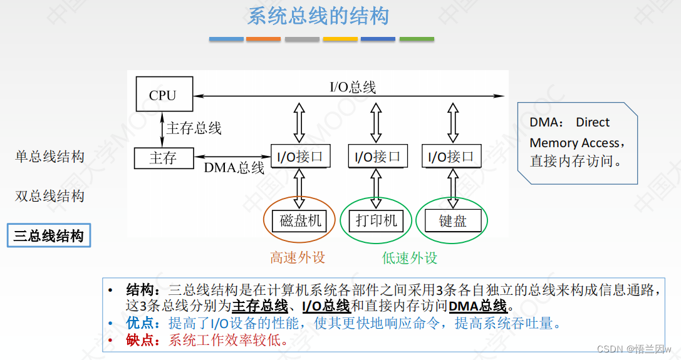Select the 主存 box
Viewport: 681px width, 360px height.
(164, 158)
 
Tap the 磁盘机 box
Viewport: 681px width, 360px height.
(301, 220)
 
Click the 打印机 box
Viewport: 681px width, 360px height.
(376, 220)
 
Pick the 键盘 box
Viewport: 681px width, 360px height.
(452, 220)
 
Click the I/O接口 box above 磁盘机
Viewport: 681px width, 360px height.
(300, 157)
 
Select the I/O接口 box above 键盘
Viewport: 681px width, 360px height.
(451, 157)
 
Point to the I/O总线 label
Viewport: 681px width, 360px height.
(353, 87)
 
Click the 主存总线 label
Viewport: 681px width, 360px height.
(194, 128)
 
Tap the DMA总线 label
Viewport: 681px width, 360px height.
(234, 168)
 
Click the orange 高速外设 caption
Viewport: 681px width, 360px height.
(298, 257)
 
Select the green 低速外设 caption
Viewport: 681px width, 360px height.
(410, 257)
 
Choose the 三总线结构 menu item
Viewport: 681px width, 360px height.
(49, 236)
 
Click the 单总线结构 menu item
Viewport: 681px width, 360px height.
(49, 157)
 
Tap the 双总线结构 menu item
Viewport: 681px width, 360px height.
(49, 196)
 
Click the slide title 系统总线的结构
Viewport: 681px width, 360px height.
(318, 16)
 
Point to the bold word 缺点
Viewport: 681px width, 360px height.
(140, 341)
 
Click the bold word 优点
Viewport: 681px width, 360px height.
(140, 324)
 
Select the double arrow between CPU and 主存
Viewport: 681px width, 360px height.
(163, 129)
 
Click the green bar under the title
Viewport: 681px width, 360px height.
(417, 39)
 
